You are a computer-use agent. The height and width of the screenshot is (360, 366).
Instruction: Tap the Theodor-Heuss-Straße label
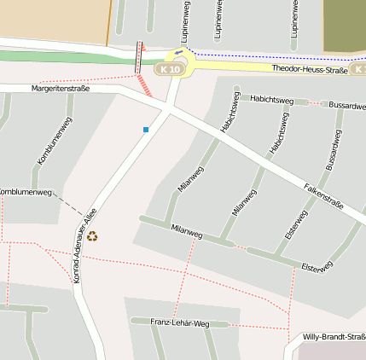pyautogui.click(x=309, y=69)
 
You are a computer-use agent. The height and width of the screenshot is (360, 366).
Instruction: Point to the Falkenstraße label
pyautogui.click(x=323, y=195)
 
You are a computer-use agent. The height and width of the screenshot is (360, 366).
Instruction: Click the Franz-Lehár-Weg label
pyautogui.click(x=179, y=322)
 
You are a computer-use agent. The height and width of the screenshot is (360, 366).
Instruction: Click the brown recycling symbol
pyautogui.click(x=92, y=235)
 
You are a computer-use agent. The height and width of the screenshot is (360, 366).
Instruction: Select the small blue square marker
pyautogui.click(x=146, y=130)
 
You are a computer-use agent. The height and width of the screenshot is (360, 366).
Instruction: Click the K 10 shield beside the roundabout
pyautogui.click(x=171, y=68)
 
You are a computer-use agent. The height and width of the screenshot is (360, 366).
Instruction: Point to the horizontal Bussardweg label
pyautogui.click(x=347, y=104)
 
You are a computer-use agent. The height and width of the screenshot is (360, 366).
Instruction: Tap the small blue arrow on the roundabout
pyautogui.click(x=178, y=54)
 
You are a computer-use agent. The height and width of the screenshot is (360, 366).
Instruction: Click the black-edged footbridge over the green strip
pyautogui.click(x=140, y=56)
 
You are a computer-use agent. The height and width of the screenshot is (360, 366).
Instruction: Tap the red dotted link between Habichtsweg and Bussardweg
pyautogui.click(x=311, y=103)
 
